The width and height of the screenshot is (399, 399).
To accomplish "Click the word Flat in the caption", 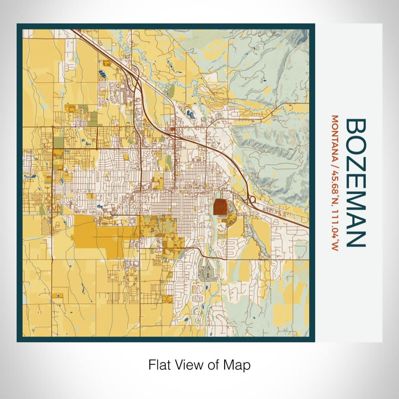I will click(x=158, y=365).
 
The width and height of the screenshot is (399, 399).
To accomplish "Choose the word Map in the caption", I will click(x=238, y=365).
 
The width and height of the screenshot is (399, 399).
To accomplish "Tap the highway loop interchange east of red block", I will click(x=251, y=199).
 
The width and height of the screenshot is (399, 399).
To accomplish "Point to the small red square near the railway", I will click(x=172, y=129).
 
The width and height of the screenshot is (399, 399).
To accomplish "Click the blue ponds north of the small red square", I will click(x=190, y=114).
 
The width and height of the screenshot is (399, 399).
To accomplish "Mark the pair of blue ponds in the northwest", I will click(x=104, y=74).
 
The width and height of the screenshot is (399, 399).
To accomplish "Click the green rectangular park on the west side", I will click(x=93, y=117).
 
